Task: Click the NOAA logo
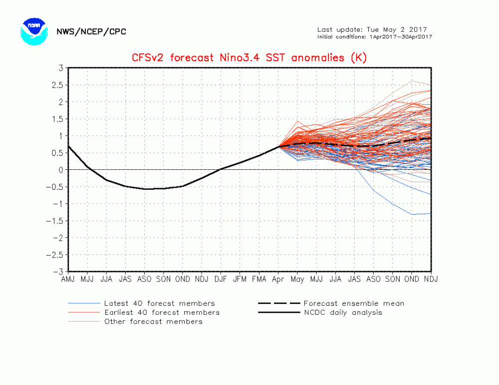point(34,31)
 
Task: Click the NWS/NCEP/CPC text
point(91,32)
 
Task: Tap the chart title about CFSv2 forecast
point(249,57)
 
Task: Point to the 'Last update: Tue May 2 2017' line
point(372,29)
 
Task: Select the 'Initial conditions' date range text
point(374,37)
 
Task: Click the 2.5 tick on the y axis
point(58,85)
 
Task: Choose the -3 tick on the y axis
point(58,272)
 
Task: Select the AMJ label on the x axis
point(68,279)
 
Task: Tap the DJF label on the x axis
point(221,279)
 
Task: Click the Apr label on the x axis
point(278,279)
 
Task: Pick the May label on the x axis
point(297,279)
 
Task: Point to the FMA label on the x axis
point(259,279)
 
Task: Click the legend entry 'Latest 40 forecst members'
point(159,303)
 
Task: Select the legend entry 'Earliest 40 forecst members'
point(162,312)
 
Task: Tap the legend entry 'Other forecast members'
point(153,322)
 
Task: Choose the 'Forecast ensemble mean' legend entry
point(353,303)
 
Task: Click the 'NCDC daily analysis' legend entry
point(342,312)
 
